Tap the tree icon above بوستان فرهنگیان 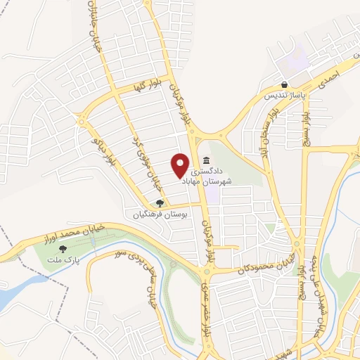point(160,202)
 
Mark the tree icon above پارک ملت point(64,248)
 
